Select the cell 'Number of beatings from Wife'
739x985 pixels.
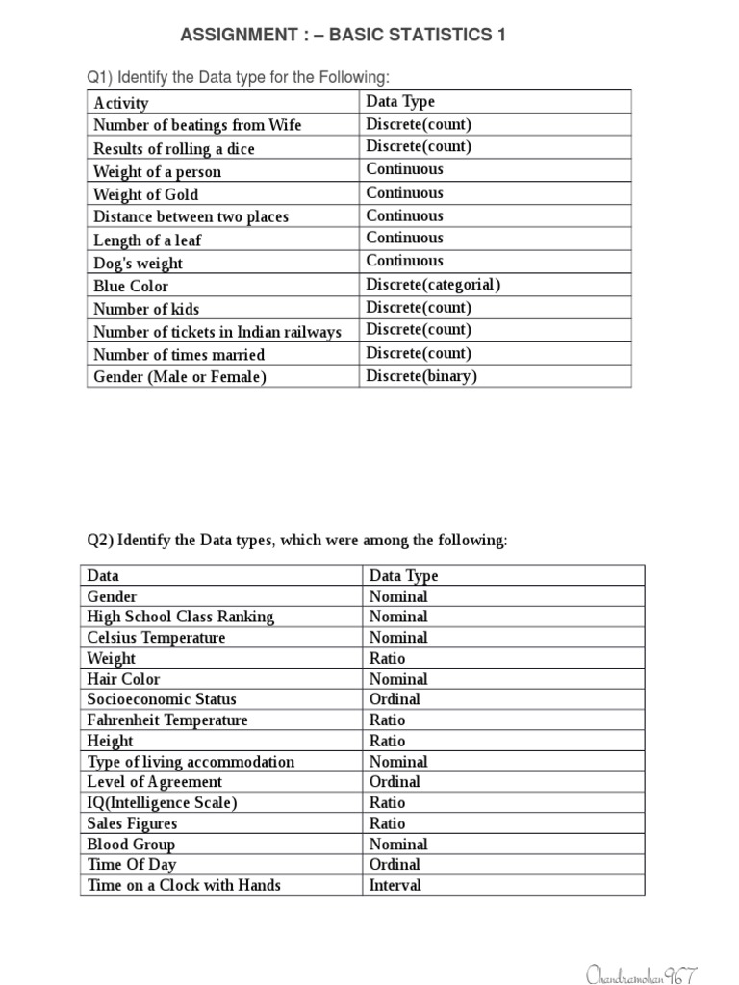click(x=197, y=125)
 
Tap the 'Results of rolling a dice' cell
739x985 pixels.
click(x=174, y=149)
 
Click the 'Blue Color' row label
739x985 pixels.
click(x=131, y=286)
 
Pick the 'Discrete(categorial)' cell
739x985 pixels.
click(x=433, y=285)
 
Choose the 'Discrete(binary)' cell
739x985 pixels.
click(x=420, y=376)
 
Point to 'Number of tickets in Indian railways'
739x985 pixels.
click(x=217, y=332)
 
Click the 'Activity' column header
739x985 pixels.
click(x=121, y=103)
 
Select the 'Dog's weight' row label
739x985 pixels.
click(x=138, y=264)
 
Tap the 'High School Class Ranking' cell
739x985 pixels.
click(x=181, y=617)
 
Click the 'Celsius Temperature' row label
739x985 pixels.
click(x=157, y=638)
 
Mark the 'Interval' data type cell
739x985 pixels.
click(x=395, y=885)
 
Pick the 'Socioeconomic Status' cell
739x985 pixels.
click(x=162, y=699)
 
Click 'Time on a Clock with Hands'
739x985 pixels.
click(x=184, y=885)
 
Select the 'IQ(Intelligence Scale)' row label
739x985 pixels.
click(x=162, y=802)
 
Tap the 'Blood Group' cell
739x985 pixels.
click(x=131, y=845)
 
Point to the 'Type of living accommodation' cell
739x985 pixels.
click(x=191, y=762)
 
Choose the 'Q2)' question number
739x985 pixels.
click(x=100, y=540)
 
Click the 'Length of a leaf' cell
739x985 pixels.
click(x=147, y=240)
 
